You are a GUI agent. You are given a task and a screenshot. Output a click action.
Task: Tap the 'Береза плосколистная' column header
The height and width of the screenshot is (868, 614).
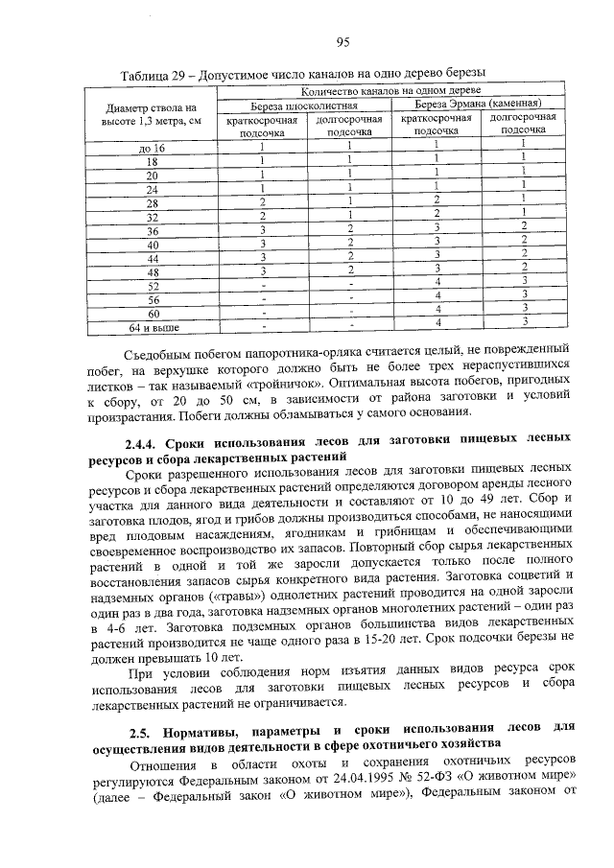[305, 104]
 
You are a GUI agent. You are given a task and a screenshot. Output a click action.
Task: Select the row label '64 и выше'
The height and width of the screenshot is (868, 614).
[153, 328]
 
